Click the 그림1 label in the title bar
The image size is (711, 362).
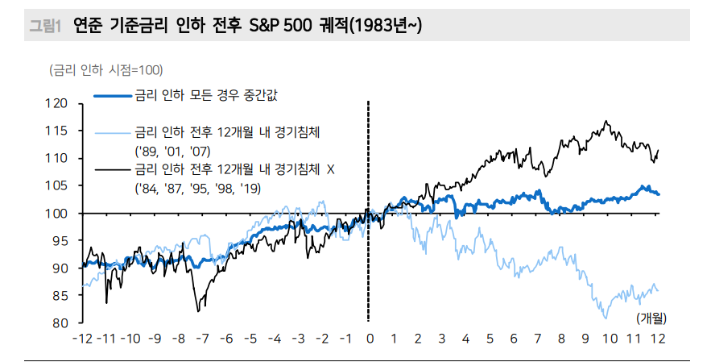pos(45,27)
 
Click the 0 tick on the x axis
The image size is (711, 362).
pos(370,339)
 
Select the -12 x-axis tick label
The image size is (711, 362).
pos(82,339)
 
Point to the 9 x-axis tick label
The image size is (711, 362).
pos(585,339)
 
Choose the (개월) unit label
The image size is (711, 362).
pos(652,318)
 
